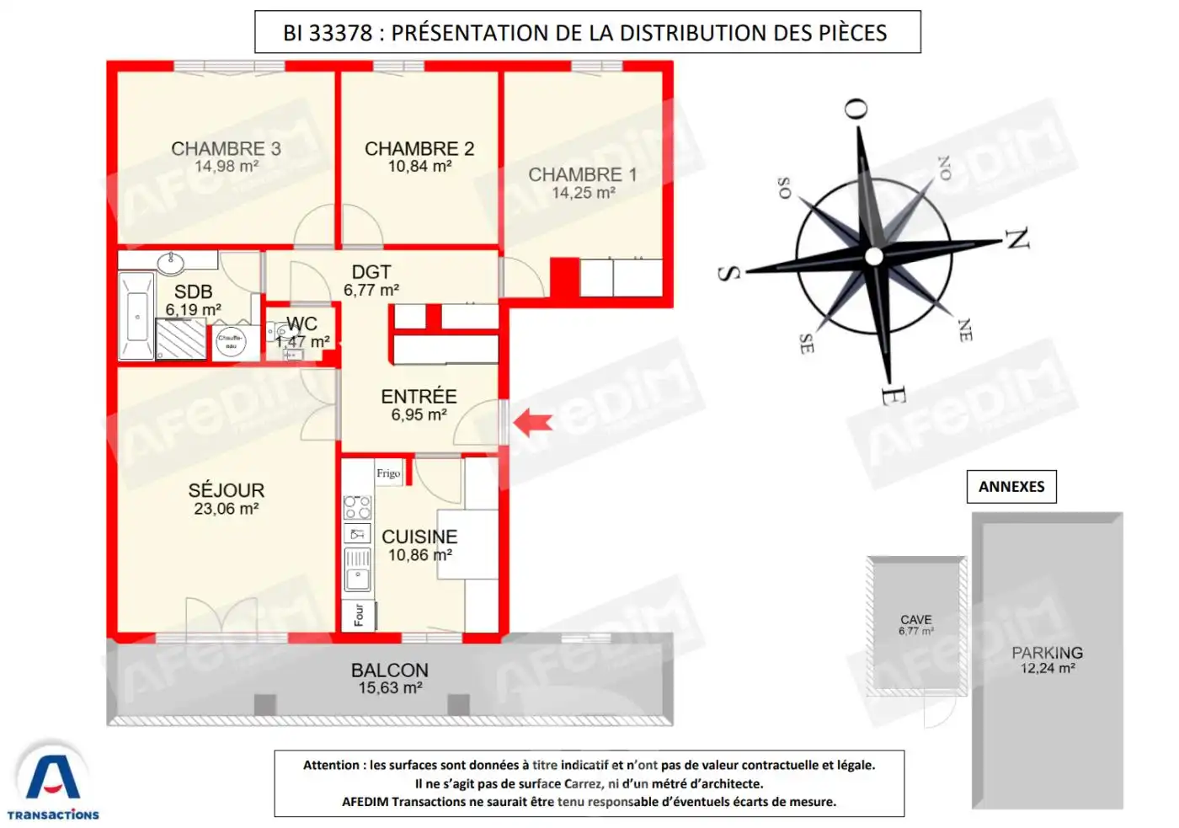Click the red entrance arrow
(x=532, y=421)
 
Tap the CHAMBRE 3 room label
(x=226, y=149)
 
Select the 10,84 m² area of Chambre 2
(x=419, y=167)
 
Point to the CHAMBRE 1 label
(x=582, y=175)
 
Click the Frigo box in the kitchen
(x=388, y=473)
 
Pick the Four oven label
(x=359, y=614)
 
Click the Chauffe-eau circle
(x=231, y=341)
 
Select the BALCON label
(x=390, y=670)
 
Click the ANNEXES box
(x=1011, y=487)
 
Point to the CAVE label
(x=915, y=619)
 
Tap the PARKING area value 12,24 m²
(x=1048, y=669)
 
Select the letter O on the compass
(x=856, y=109)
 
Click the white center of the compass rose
(x=874, y=256)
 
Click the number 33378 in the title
(x=340, y=33)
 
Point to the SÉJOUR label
(x=226, y=490)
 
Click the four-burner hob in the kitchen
(x=357, y=507)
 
